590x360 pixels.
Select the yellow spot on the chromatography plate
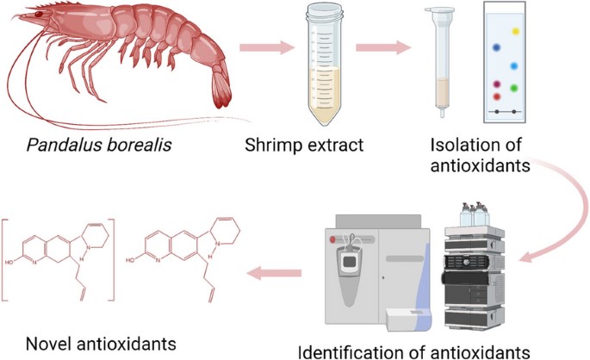coord(515,31)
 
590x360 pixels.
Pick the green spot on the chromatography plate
coord(513,87)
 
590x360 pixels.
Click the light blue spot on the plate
coord(513,65)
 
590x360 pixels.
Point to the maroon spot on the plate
coord(496,84)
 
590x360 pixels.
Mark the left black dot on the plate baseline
coord(492,112)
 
